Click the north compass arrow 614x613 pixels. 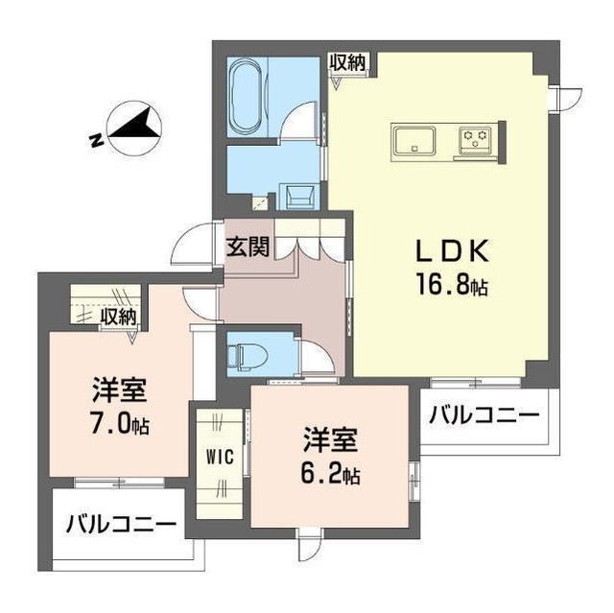132,130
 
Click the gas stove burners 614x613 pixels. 476,141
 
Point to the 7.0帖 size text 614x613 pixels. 119,423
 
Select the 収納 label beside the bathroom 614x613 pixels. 348,63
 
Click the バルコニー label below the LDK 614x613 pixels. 483,415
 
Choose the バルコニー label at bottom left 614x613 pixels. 121,525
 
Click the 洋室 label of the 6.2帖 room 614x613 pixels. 329,441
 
